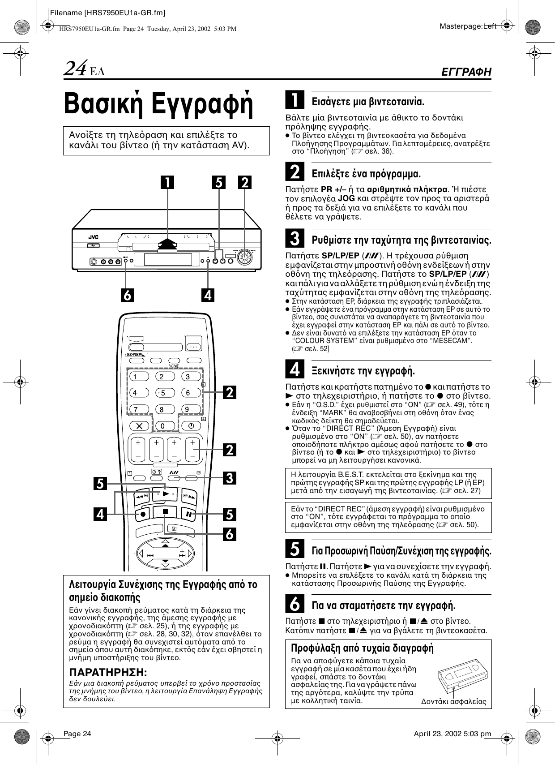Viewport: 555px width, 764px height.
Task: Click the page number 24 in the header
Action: click(75, 69)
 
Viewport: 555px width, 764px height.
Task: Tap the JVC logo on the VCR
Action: click(93, 237)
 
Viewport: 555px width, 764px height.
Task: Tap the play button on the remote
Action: click(166, 494)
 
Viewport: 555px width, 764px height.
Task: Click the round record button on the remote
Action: click(143, 514)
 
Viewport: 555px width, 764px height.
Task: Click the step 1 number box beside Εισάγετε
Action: click(295, 100)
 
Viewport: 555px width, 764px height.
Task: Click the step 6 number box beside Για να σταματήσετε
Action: click(295, 605)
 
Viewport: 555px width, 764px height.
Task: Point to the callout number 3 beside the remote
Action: click(230, 477)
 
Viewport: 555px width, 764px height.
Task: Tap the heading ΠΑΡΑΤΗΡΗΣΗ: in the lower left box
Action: click(107, 672)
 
